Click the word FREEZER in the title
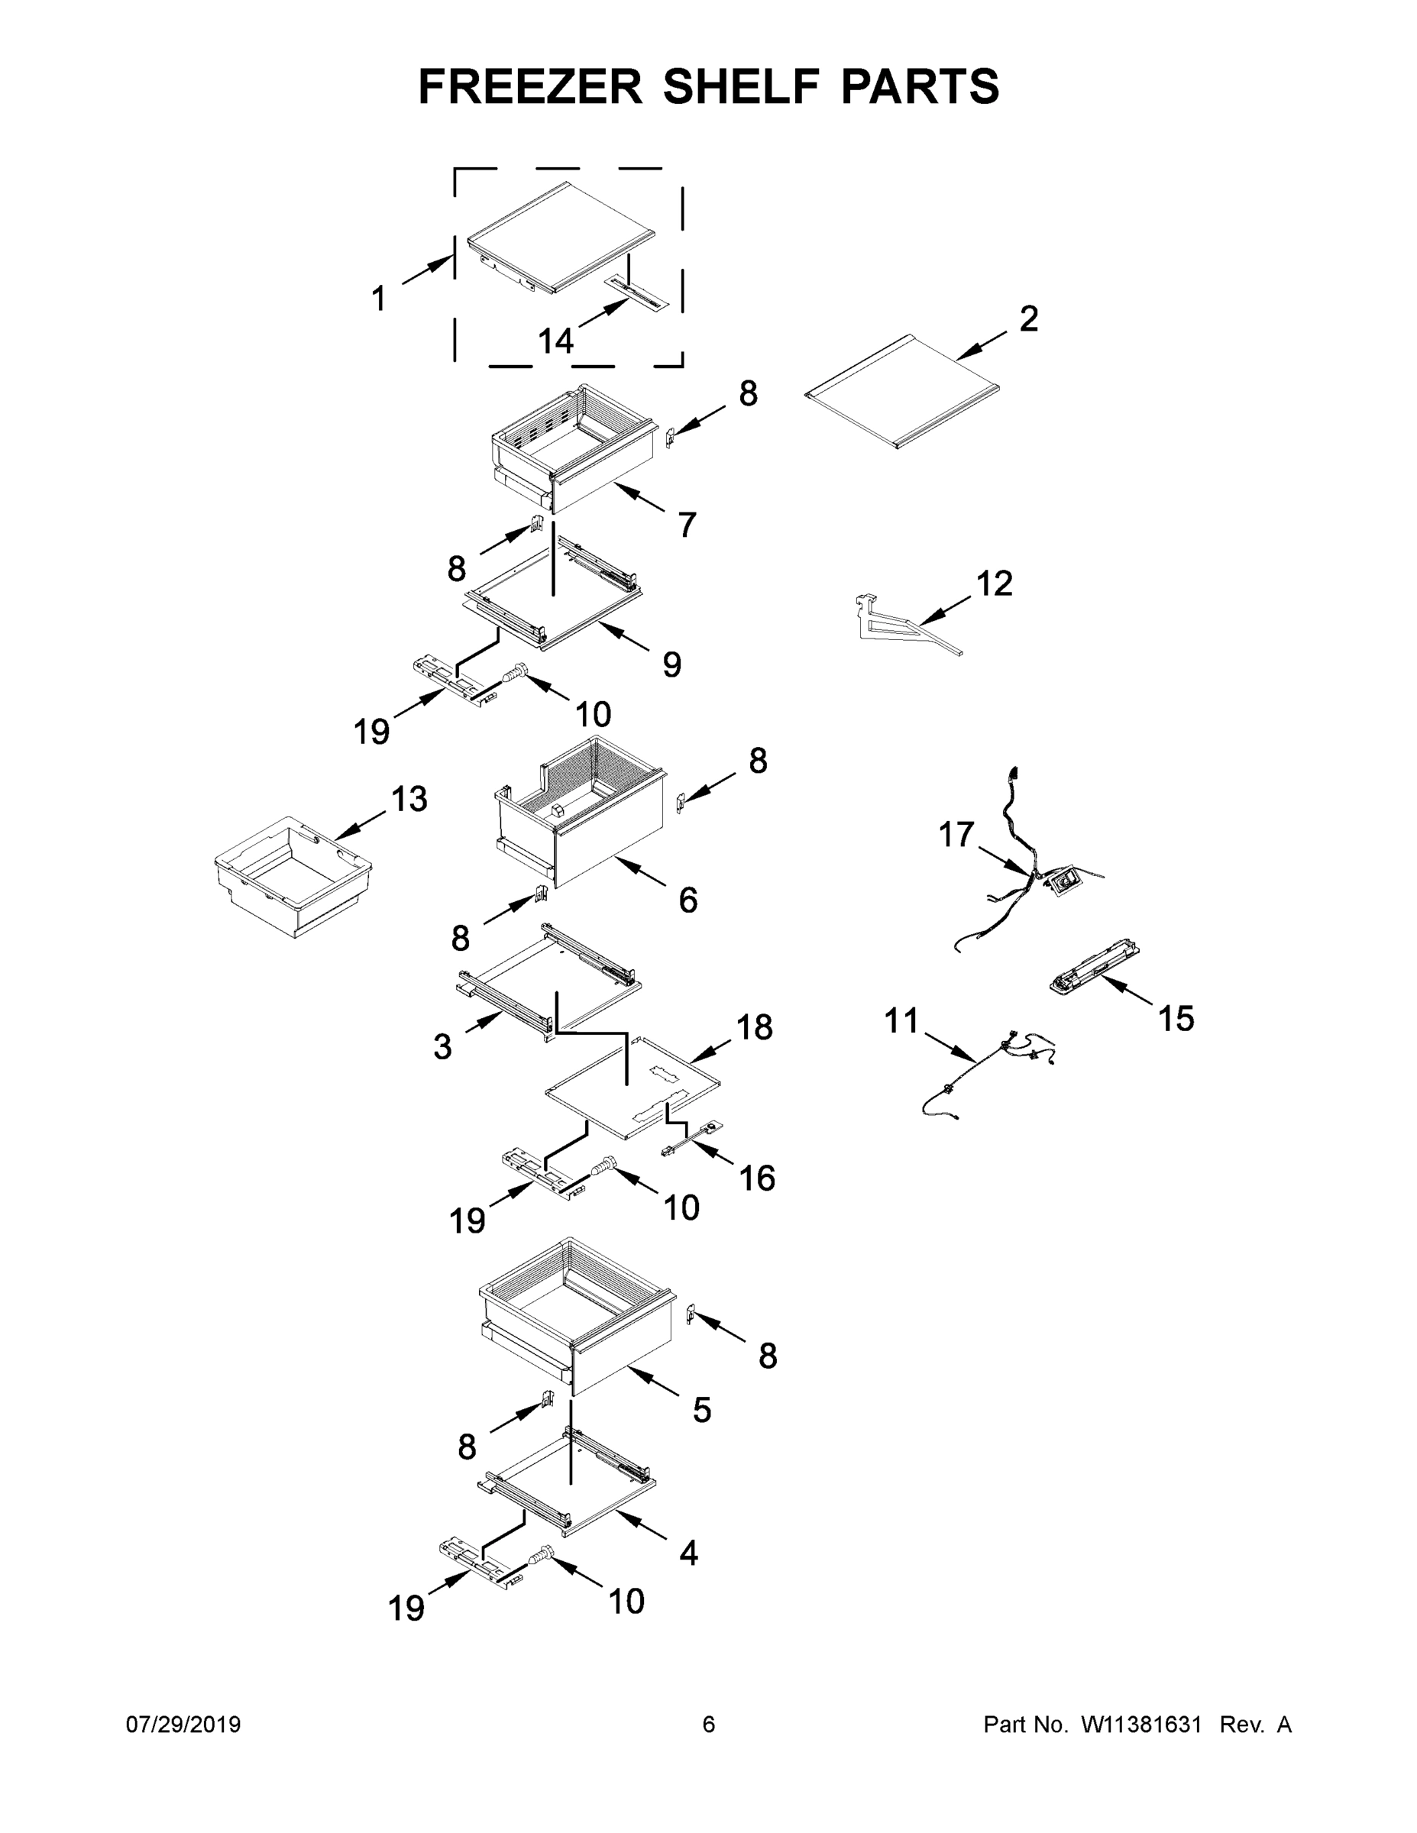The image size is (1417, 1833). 529,86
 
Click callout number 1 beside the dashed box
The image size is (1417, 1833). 379,298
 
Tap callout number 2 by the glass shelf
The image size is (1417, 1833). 1029,319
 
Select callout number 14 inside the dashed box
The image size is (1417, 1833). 555,341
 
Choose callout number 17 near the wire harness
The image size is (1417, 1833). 956,835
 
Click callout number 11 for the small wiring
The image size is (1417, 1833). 901,1021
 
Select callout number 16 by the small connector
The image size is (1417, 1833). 756,1178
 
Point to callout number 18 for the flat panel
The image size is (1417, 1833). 754,1027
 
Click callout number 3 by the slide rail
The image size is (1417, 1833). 442,1046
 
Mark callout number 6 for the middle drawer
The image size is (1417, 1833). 687,900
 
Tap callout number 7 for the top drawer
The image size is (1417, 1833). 687,525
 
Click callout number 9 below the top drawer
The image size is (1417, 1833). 671,664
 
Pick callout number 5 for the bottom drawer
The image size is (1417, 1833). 702,1410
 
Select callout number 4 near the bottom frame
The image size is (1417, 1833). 687,1553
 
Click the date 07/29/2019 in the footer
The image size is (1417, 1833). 183,1724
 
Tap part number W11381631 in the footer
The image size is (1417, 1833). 1140,1724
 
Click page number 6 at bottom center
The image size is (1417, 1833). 709,1724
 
